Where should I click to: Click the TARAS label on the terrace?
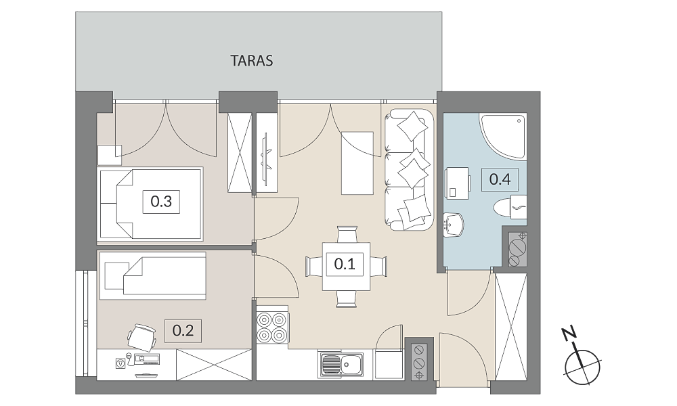(252, 61)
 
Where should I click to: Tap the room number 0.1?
(345, 263)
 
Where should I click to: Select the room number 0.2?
(183, 331)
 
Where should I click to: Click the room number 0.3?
(161, 201)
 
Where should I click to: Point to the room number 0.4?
(500, 179)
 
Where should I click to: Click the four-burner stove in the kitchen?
(272, 327)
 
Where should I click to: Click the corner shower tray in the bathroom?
(502, 136)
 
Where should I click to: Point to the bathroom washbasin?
(454, 225)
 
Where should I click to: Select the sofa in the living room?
(409, 170)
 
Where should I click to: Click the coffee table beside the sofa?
(357, 163)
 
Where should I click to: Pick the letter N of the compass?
(571, 334)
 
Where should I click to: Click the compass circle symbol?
(582, 367)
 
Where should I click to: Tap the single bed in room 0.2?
(152, 275)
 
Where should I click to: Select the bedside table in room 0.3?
(109, 156)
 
